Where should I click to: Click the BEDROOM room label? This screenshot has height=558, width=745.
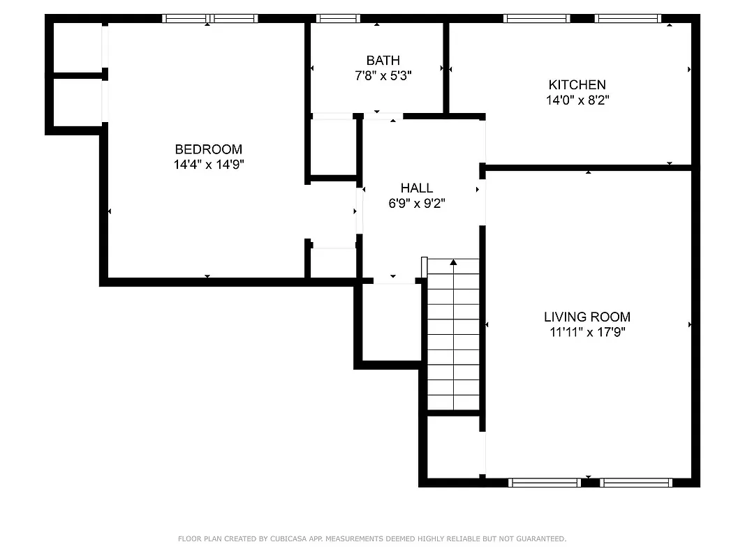click(208, 149)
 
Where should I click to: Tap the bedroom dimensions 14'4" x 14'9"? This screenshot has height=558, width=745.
click(208, 165)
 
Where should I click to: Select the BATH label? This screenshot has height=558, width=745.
click(383, 61)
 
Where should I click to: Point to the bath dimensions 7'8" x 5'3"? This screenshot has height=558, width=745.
click(383, 76)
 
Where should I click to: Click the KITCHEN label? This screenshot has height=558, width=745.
click(577, 85)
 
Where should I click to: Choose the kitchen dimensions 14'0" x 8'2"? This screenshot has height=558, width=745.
click(577, 100)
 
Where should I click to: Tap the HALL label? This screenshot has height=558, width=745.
click(417, 188)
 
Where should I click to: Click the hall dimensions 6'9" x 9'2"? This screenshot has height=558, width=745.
click(417, 204)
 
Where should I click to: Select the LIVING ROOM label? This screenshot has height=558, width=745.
click(587, 317)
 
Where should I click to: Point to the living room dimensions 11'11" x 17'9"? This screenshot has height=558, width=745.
click(587, 333)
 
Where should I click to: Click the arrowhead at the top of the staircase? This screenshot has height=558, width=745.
click(453, 263)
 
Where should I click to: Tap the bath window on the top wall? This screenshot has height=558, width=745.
click(338, 19)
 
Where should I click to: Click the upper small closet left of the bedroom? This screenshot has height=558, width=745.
click(78, 47)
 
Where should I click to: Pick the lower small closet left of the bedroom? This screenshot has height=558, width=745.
click(78, 102)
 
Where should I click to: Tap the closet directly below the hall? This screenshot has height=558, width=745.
click(392, 321)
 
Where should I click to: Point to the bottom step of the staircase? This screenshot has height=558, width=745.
click(453, 402)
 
